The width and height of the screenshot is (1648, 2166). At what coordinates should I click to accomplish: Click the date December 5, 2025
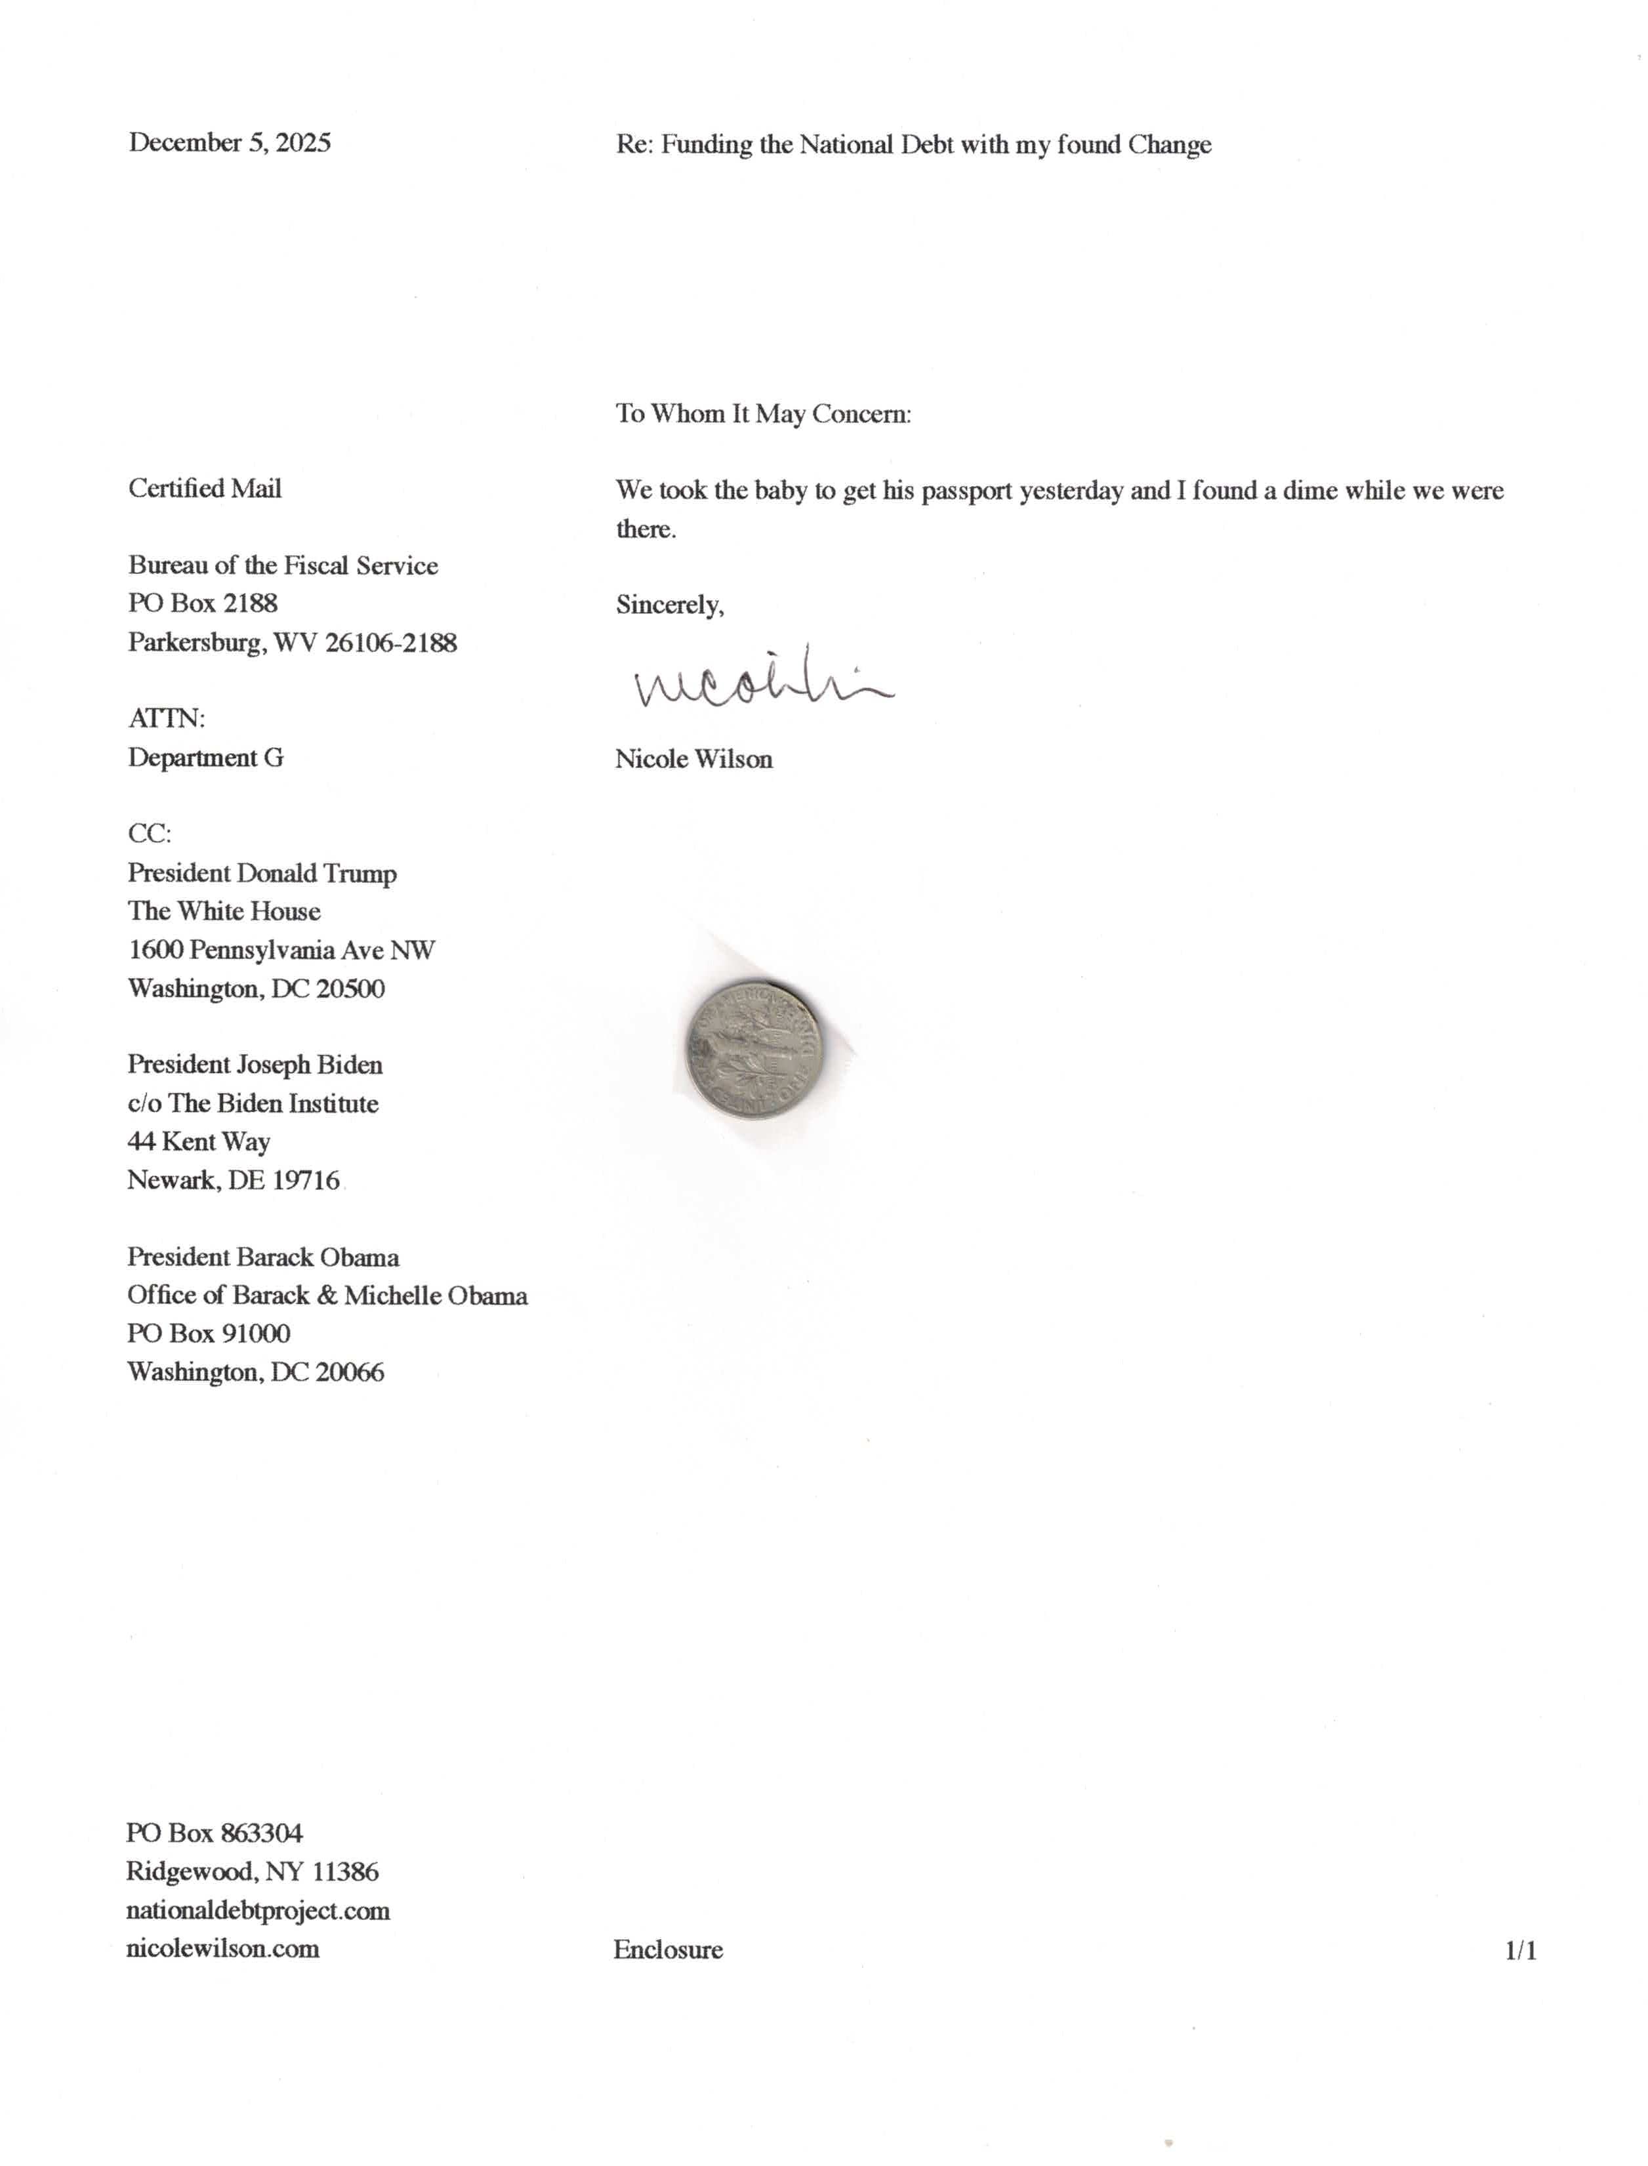230,143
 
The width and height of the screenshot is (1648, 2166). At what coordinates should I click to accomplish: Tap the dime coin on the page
753,1048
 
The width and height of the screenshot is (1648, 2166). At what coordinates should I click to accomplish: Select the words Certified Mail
205,488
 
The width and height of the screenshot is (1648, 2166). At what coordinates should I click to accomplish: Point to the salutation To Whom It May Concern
763,414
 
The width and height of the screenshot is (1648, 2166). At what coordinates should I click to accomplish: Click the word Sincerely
669,605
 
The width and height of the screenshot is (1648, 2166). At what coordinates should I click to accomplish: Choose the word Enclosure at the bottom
668,1950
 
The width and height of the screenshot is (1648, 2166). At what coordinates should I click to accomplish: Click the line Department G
206,757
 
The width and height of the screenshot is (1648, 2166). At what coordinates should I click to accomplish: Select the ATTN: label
167,719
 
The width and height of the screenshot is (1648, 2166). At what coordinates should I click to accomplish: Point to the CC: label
149,834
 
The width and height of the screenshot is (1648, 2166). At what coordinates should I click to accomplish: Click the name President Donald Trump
262,872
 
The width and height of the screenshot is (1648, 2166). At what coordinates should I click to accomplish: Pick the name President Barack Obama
263,1257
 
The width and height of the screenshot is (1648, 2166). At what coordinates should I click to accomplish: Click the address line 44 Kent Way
199,1141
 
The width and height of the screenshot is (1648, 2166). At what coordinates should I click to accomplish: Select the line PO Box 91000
209,1334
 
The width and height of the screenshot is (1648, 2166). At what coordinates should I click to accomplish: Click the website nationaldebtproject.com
258,1910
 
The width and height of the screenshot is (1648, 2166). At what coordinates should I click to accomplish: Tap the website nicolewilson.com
222,1948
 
